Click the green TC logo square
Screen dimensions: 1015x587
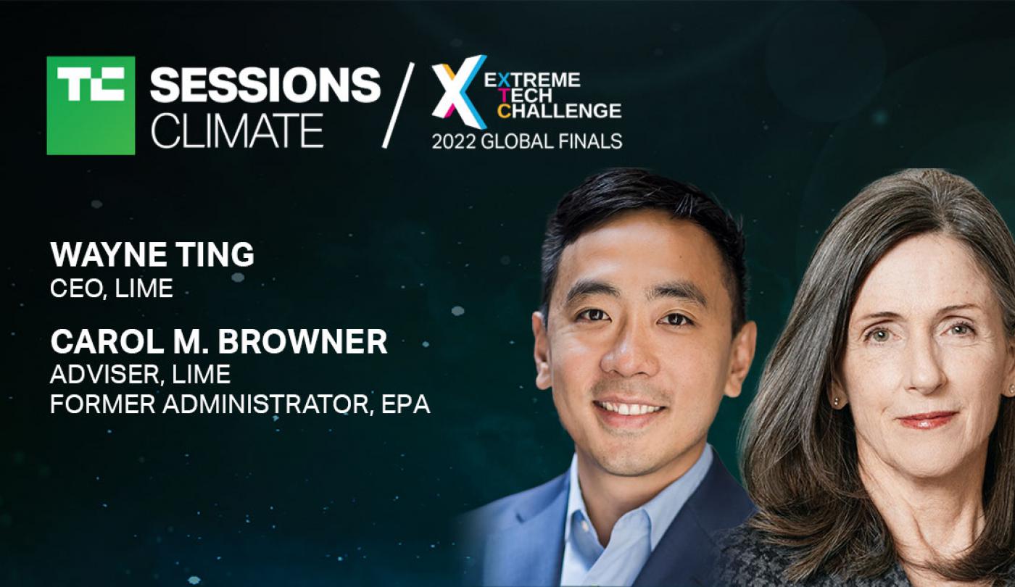[x=91, y=105]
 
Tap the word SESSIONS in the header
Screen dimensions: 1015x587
[x=265, y=85]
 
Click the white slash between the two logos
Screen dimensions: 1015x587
[x=398, y=105]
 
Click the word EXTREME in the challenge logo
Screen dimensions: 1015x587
[x=532, y=80]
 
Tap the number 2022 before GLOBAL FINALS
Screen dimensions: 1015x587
[x=454, y=142]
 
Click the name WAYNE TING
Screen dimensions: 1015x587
[x=152, y=254]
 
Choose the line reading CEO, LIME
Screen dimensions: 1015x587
[x=112, y=288]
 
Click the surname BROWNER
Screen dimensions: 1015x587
[x=303, y=341]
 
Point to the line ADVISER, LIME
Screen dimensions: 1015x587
[x=141, y=374]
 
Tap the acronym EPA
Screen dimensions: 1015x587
[x=405, y=404]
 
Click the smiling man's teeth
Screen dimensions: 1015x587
[x=630, y=409]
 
